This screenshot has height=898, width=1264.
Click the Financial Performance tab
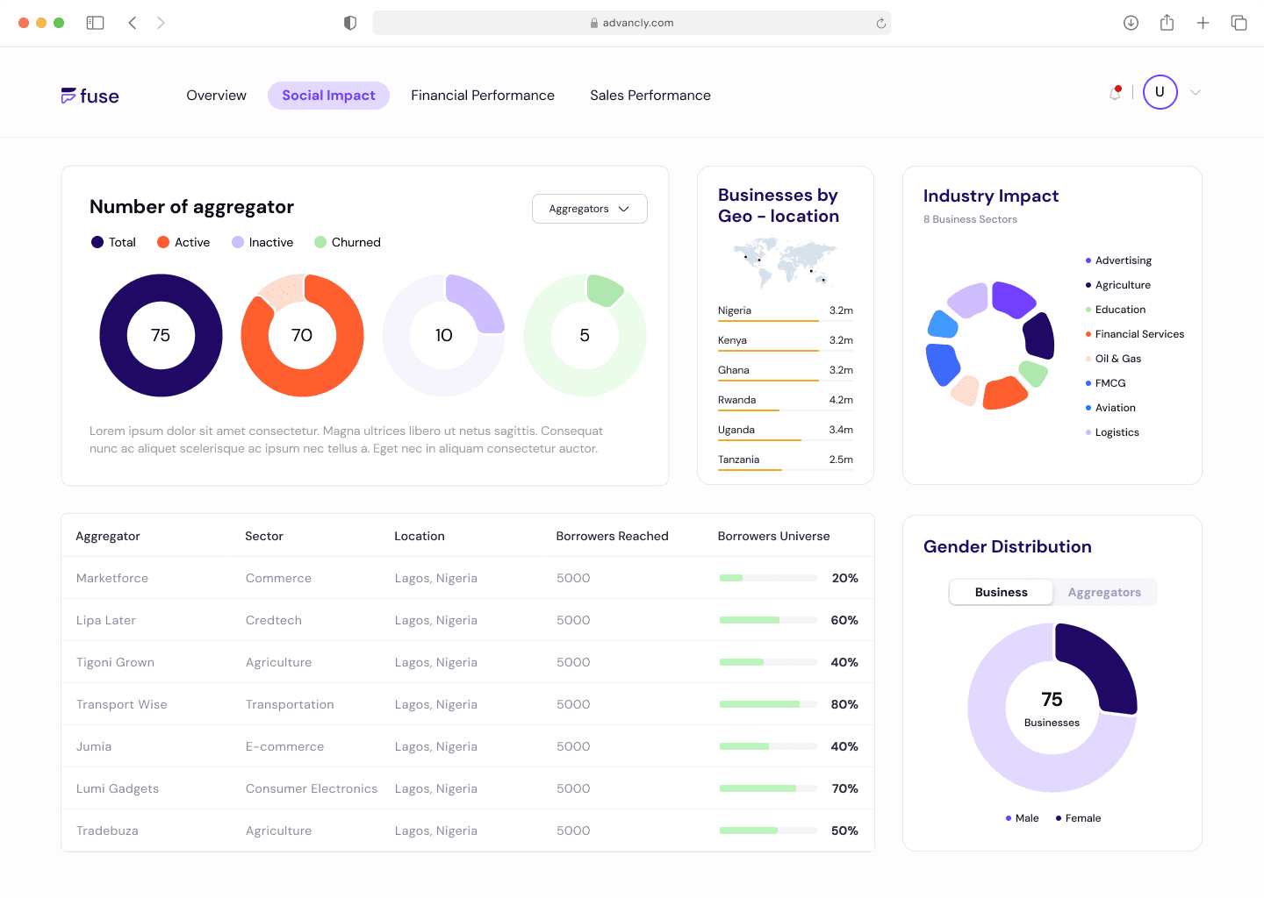pos(482,96)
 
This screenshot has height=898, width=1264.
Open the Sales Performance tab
pos(650,96)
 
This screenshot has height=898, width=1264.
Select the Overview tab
pos(216,96)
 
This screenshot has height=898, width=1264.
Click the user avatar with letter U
pos(1160,92)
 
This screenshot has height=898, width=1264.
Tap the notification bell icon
pos(1115,93)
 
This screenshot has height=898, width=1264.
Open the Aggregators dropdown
pos(589,209)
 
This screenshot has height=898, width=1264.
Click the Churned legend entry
pos(355,243)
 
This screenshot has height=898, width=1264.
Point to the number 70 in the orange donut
pos(302,336)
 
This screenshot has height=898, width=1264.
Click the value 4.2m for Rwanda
pos(840,400)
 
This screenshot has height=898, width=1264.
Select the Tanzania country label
pos(738,460)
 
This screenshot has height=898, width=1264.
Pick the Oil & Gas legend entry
pos(1117,359)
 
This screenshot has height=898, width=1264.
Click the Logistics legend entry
pos(1117,432)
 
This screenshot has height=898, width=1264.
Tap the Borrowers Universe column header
pos(773,537)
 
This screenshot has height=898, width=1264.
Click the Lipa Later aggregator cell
pos(106,621)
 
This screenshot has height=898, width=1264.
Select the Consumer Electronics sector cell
pos(312,789)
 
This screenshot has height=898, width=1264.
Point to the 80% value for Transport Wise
pos(844,705)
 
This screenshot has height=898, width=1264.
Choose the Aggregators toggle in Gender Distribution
pos(1104,593)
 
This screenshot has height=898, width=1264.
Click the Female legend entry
pos(1082,818)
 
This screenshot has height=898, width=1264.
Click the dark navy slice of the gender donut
pos(1099,666)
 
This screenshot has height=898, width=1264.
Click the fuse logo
pos(90,96)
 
